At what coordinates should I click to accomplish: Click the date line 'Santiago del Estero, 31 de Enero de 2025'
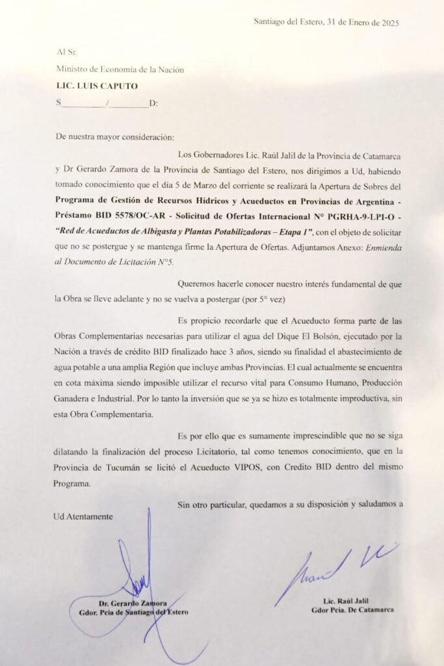[326, 22]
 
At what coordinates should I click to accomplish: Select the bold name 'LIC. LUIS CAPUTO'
[97, 86]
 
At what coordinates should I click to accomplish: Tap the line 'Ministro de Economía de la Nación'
[120, 70]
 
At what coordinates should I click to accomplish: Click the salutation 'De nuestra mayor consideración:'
[115, 137]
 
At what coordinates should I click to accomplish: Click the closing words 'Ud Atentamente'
[84, 516]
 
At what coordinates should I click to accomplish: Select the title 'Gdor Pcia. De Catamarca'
[352, 610]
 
